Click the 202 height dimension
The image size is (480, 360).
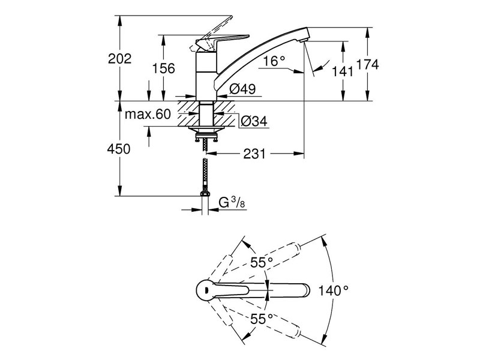(x=119, y=58)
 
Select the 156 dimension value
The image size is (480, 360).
(x=163, y=68)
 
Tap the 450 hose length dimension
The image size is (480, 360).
(x=119, y=149)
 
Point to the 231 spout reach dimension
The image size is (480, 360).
(x=254, y=154)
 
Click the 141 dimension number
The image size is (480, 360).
(x=342, y=71)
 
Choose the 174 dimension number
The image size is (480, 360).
(x=367, y=65)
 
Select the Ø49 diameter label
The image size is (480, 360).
(x=243, y=89)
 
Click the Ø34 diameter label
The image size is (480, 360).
(x=253, y=122)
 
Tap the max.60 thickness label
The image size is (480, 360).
(x=148, y=114)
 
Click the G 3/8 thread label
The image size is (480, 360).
(x=230, y=203)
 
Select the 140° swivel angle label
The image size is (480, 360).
(x=334, y=290)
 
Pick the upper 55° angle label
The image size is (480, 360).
(x=262, y=262)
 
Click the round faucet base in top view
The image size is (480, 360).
(x=205, y=290)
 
